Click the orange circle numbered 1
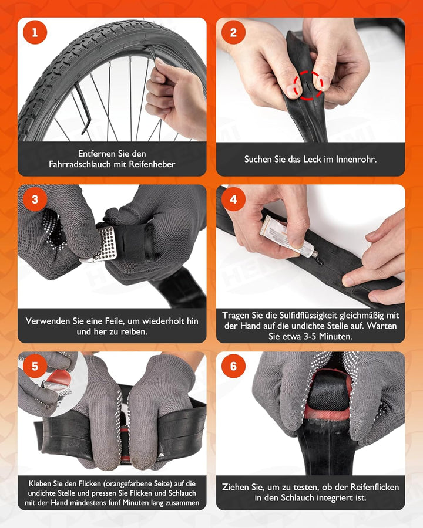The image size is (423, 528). point(35,33)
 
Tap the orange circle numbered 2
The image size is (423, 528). point(233,33)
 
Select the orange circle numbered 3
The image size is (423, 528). point(35,199)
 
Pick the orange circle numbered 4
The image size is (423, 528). point(233,199)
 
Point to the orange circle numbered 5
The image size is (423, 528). point(35,366)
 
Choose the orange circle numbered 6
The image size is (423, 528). point(233,366)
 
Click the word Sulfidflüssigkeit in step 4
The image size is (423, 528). point(308,316)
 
